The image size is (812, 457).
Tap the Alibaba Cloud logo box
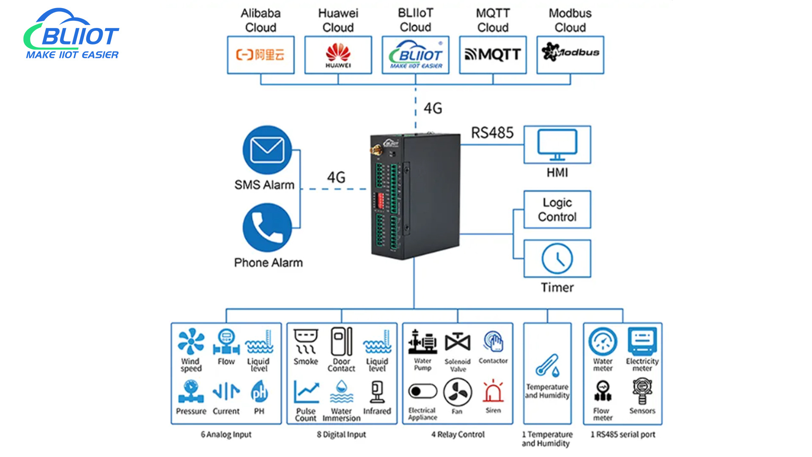click(x=261, y=55)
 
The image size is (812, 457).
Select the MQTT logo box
click(x=493, y=55)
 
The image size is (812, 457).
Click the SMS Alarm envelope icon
click(x=267, y=150)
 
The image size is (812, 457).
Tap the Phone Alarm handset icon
click(x=267, y=228)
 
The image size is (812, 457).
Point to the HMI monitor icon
click(x=557, y=144)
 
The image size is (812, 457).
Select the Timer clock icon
click(x=557, y=259)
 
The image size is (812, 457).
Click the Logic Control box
click(x=557, y=210)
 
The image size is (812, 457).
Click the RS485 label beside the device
click(x=492, y=133)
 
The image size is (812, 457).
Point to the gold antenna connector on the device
click(x=375, y=150)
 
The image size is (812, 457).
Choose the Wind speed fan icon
click(x=191, y=341)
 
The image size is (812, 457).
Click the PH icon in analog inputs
click(x=259, y=391)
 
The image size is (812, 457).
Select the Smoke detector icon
click(x=306, y=341)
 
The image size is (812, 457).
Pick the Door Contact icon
click(x=341, y=341)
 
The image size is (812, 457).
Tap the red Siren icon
click(x=493, y=391)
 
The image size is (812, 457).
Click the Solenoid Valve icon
click(x=458, y=342)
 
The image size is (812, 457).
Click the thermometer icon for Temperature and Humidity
click(x=547, y=365)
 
